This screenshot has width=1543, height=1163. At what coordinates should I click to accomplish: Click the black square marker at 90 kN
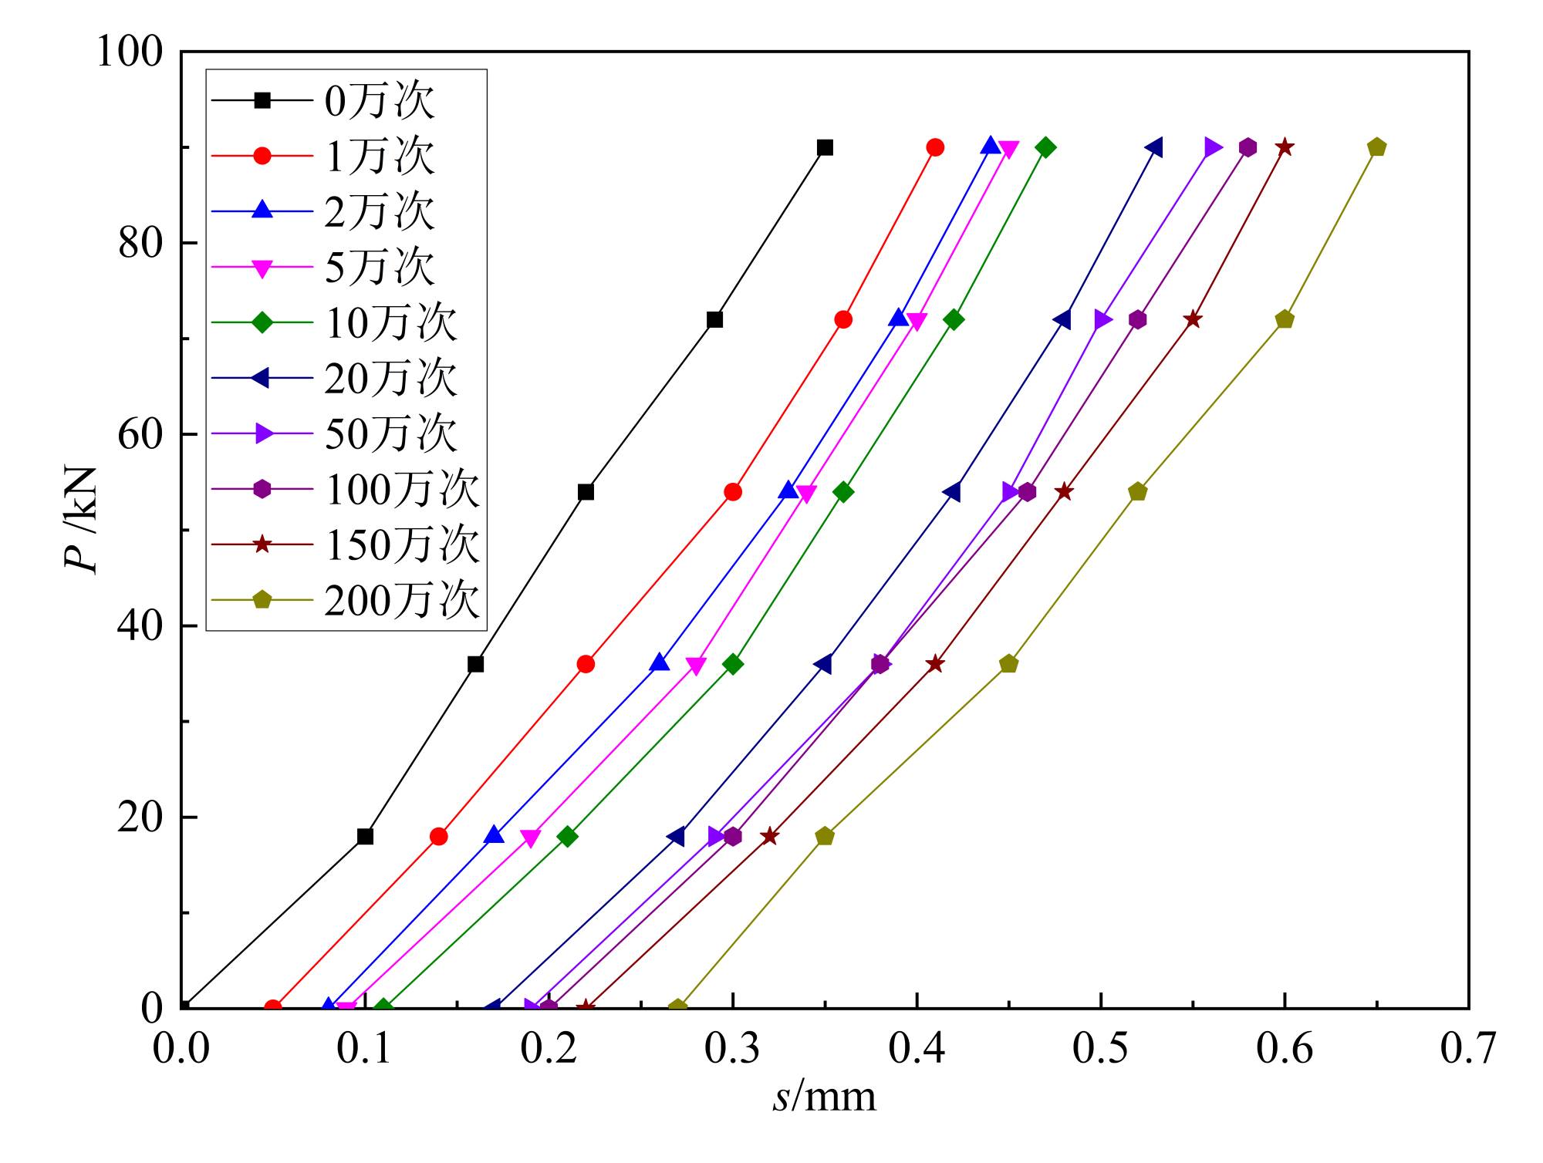(825, 147)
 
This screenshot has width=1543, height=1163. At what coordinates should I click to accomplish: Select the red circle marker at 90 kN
(935, 147)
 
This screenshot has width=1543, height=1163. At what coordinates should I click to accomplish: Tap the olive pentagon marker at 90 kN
(1376, 147)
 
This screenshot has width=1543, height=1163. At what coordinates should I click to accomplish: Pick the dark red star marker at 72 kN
(1193, 319)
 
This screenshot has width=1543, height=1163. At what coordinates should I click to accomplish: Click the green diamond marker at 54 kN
(843, 492)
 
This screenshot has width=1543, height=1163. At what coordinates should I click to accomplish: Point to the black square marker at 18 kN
(365, 836)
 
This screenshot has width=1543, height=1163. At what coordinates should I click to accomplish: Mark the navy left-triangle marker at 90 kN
(1154, 147)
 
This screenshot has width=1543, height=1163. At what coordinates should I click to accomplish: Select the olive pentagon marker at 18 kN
(825, 836)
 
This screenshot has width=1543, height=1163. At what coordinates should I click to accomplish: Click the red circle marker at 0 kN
(273, 1007)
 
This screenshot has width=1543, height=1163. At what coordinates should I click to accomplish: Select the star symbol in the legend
(262, 544)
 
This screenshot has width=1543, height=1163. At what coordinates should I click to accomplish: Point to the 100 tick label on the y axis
(130, 52)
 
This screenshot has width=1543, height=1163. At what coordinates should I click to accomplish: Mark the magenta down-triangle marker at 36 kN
(696, 665)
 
